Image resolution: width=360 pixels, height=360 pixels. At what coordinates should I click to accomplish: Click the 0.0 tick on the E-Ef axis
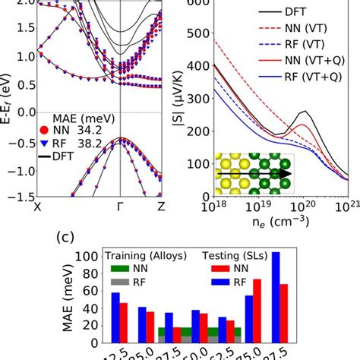(x=21, y=112)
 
